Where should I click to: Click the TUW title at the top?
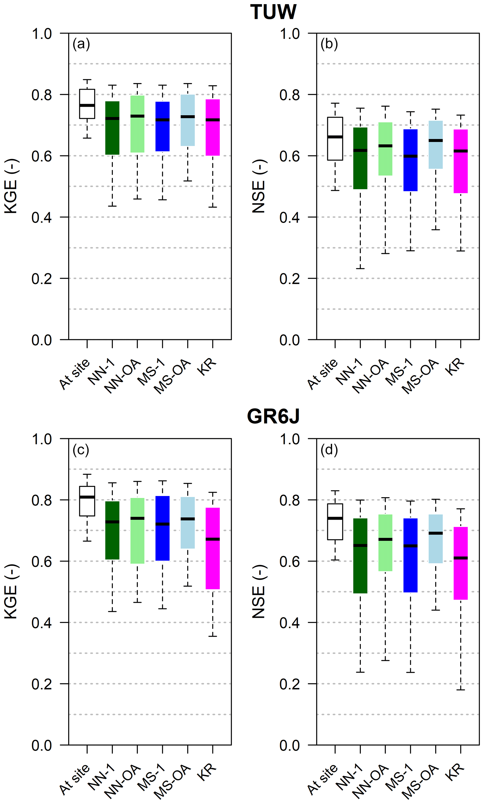point(273,12)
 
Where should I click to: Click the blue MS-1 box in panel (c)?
point(163,528)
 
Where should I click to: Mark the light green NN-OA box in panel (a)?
point(137,124)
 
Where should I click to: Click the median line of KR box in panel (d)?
point(461,558)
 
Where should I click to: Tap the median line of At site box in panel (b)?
point(335,137)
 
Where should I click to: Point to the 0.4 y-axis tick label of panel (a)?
point(42,217)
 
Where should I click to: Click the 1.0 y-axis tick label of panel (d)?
point(290,439)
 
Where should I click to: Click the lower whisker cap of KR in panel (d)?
point(461,690)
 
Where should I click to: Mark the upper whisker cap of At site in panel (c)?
point(87,474)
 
